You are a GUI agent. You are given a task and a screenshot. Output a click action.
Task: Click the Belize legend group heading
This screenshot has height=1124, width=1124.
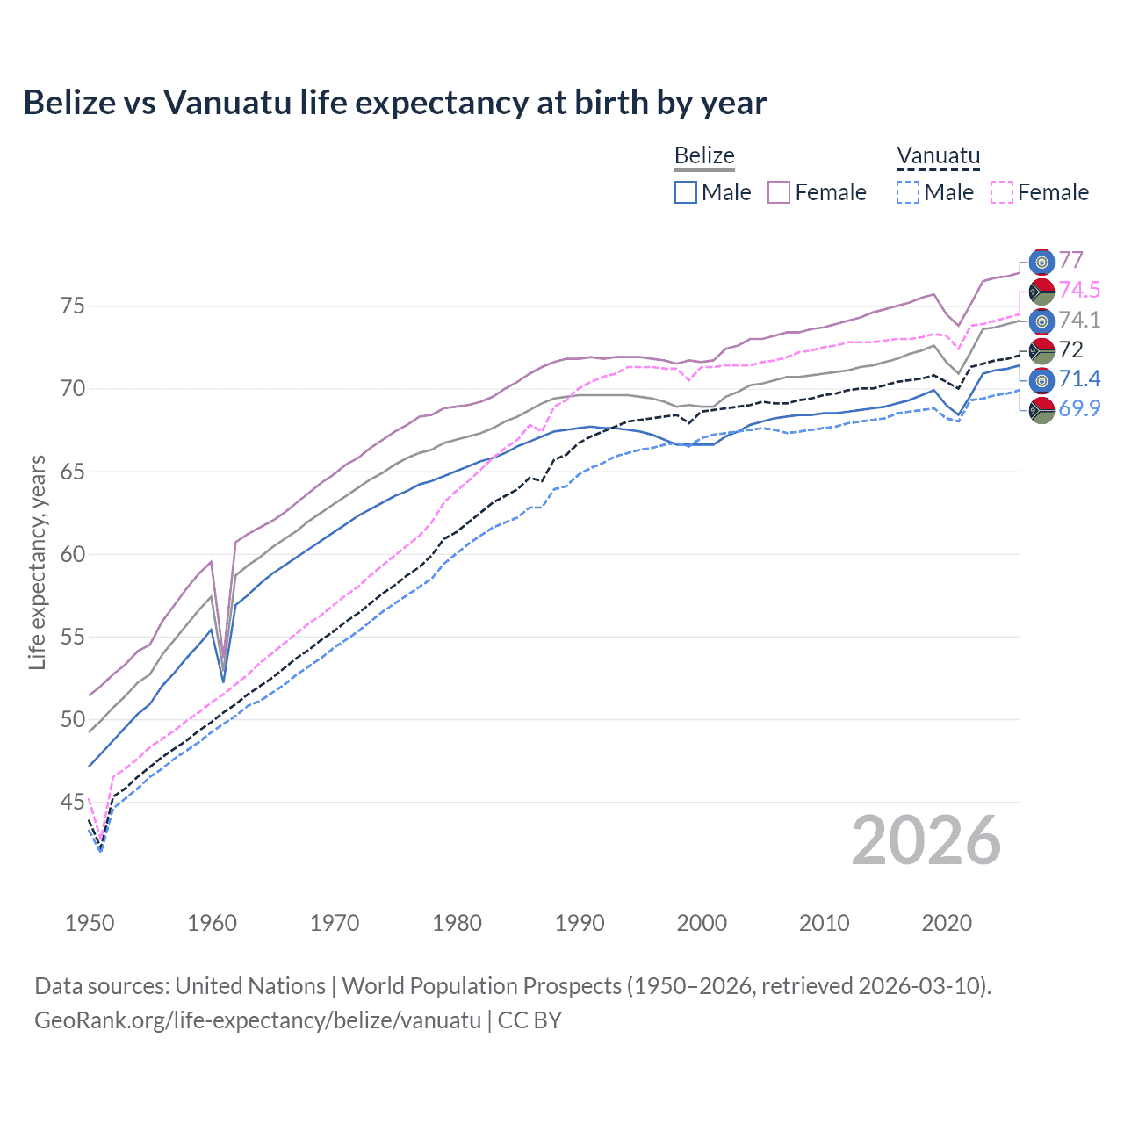(704, 156)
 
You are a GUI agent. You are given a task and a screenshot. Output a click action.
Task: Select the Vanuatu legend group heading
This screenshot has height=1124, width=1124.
(938, 156)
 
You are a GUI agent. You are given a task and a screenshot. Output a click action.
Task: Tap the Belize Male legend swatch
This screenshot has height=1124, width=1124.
(686, 192)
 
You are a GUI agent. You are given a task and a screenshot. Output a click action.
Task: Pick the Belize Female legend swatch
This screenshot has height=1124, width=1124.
(779, 192)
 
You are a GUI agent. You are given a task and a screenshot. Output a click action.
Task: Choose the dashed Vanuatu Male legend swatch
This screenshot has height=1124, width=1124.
(908, 192)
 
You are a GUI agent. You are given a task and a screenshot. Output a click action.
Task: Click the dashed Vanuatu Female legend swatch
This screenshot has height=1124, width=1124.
(1001, 192)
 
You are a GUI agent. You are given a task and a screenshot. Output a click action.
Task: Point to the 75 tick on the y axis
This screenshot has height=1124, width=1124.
(72, 306)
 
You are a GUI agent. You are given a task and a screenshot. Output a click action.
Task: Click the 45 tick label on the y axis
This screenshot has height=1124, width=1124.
(72, 802)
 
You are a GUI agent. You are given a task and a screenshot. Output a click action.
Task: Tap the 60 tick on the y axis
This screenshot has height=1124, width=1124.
(72, 554)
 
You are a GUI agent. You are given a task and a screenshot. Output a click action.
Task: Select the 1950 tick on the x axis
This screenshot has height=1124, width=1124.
(90, 923)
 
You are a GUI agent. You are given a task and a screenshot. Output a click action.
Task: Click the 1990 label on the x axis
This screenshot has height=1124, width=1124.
(580, 923)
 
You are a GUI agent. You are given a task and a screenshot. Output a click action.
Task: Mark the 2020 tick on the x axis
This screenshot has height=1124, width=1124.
(947, 923)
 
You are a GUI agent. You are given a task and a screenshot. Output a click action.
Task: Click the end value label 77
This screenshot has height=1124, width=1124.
(1070, 261)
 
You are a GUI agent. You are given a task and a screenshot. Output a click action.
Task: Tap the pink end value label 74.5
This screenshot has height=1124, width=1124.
(1079, 291)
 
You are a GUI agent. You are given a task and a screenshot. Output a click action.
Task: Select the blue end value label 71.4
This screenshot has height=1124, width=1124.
(1079, 379)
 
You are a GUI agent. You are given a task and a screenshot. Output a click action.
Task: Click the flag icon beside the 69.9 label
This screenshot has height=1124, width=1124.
(1041, 410)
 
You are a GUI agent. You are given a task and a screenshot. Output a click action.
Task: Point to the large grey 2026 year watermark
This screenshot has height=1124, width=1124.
(926, 840)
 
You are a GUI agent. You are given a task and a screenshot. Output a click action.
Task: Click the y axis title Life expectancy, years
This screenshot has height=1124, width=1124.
(37, 562)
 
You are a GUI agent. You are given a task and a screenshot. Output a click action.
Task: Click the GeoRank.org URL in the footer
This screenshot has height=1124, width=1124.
(257, 1020)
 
